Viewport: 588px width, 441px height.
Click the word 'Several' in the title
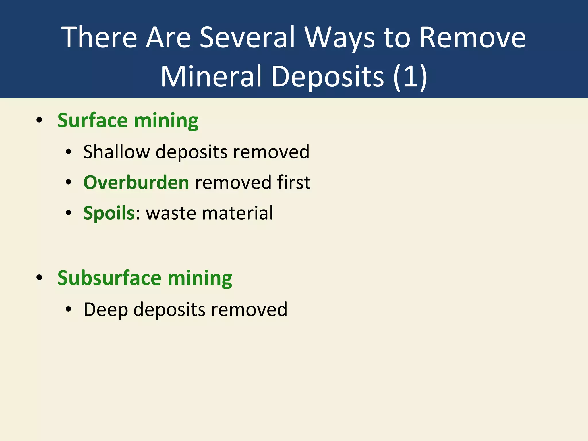(247, 37)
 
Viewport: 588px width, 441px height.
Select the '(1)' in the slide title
(410, 76)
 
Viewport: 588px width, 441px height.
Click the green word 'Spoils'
(109, 213)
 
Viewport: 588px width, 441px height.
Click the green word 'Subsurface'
(109, 278)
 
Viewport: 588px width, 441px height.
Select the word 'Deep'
(105, 310)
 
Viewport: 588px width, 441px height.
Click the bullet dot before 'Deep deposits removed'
(68, 310)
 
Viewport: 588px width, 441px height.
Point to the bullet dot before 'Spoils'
(68, 213)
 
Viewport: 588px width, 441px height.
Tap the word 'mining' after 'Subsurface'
(200, 278)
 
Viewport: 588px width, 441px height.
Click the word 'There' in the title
(99, 37)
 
